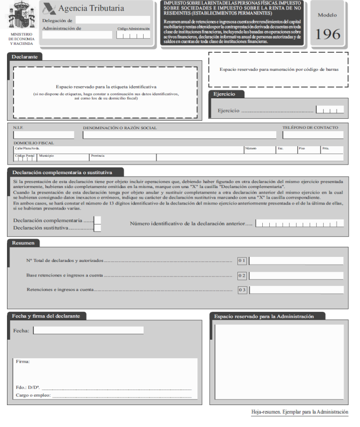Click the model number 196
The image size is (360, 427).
(328, 34)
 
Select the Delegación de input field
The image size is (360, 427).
(113, 20)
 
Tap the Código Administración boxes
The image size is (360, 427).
(133, 35)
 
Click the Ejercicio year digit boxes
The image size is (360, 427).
(330, 110)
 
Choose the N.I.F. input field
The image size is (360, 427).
(44, 135)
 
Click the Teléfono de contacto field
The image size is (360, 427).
(313, 135)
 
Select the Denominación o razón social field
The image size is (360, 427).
(180, 135)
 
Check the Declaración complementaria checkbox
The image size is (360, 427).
(98, 220)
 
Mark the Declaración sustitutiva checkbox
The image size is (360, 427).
(98, 228)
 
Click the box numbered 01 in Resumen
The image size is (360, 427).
(242, 260)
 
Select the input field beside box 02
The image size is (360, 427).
(296, 275)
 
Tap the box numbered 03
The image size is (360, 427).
(242, 290)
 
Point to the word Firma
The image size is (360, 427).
(22, 361)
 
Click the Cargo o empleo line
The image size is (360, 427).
(122, 396)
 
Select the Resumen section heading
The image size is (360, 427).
(23, 243)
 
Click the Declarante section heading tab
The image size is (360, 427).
(25, 57)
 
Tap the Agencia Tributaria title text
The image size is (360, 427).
(91, 8)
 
